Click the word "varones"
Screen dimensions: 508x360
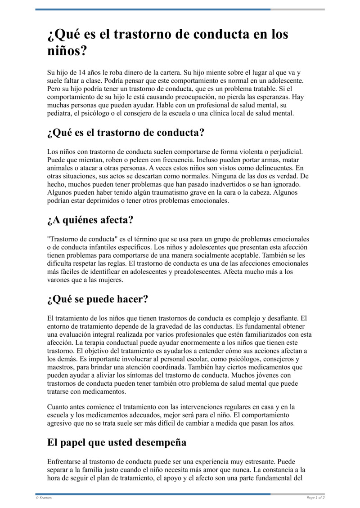tap(59, 280)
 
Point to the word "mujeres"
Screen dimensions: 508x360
tap(109, 280)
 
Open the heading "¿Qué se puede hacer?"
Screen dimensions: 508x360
tap(98, 299)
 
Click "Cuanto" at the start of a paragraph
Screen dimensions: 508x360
tap(58, 407)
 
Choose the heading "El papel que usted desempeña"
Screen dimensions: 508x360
tap(117, 442)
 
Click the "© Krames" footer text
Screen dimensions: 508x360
tap(43, 498)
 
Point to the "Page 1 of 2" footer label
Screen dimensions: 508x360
tap(315, 498)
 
